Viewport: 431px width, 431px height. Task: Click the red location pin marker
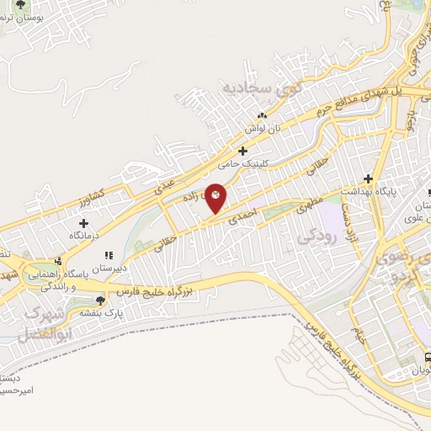tap(216, 198)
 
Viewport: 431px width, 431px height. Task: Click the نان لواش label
tap(262, 129)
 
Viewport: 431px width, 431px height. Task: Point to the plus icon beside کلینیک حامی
tap(243, 152)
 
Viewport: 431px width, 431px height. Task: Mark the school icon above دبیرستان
tap(107, 254)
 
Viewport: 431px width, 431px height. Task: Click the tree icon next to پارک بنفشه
tap(100, 300)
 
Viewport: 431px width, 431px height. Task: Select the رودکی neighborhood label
tap(317, 239)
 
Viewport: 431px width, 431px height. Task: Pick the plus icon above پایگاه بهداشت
tap(367, 178)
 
